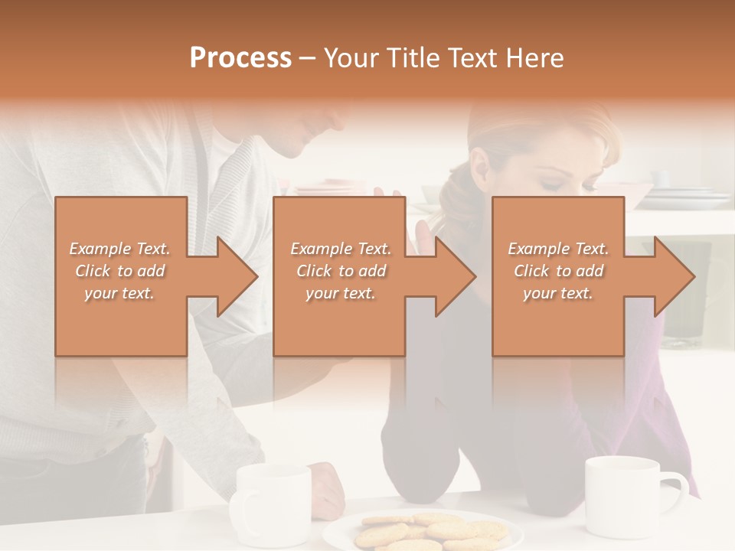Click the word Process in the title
click(x=240, y=58)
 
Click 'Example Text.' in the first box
click(x=119, y=249)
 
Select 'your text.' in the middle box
click(x=340, y=293)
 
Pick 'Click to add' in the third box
click(x=559, y=271)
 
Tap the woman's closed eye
click(x=554, y=184)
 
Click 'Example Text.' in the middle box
click(x=340, y=249)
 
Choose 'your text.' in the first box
click(x=119, y=293)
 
